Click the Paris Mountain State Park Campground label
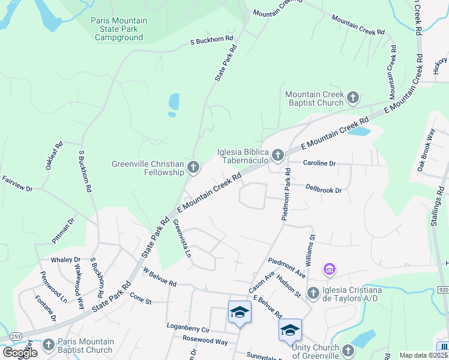pyautogui.click(x=119, y=29)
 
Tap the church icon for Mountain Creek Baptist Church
pyautogui.click(x=353, y=97)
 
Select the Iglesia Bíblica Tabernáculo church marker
pyautogui.click(x=277, y=155)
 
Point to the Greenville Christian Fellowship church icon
pyautogui.click(x=193, y=167)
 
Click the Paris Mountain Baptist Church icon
pyautogui.click(x=49, y=345)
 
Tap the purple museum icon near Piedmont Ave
pyautogui.click(x=329, y=271)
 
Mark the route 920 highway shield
pyautogui.click(x=443, y=290)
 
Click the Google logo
pyautogui.click(x=19, y=353)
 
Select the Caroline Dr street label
pyautogui.click(x=319, y=163)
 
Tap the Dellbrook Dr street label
pyautogui.click(x=323, y=190)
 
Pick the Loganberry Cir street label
pyautogui.click(x=188, y=330)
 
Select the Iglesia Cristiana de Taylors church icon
pyautogui.click(x=312, y=293)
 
